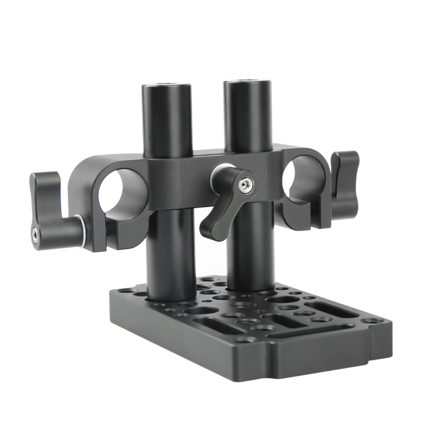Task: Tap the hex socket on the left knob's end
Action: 34,232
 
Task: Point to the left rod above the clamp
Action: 166,123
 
